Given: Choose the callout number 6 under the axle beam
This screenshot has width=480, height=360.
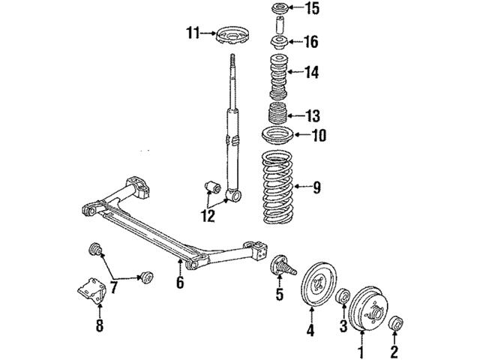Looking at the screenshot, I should pyautogui.click(x=180, y=283).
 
